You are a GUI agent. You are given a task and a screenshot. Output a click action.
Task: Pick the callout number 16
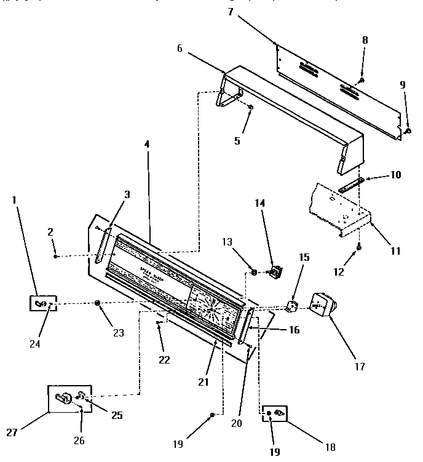[293, 330]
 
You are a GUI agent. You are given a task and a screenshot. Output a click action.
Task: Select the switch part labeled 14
[277, 270]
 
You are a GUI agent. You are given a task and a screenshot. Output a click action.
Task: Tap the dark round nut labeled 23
[98, 303]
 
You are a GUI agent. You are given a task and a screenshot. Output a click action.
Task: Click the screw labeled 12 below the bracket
[359, 247]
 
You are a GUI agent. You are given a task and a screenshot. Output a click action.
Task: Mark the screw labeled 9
[408, 130]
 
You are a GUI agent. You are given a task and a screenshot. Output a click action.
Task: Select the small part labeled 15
[293, 306]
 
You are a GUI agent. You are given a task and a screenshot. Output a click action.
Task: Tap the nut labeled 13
[254, 271]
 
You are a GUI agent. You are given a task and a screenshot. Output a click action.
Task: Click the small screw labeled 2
[56, 256]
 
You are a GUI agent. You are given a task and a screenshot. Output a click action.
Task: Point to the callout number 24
[35, 345]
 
